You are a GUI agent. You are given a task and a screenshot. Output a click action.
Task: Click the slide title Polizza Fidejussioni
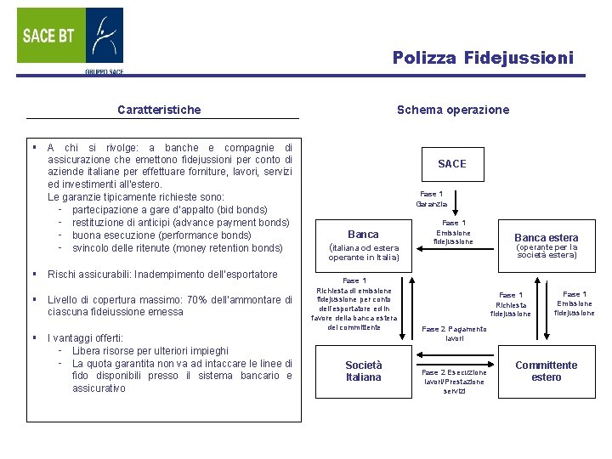pos(483,58)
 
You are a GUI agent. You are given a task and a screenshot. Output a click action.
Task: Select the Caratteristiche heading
pos(159,110)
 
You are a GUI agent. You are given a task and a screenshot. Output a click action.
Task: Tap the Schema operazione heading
pos(453,110)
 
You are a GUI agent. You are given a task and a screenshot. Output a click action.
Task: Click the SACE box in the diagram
pos(451,163)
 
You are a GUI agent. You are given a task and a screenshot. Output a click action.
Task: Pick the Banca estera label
pos(546,238)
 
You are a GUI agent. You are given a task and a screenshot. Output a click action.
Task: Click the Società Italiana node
pos(363,371)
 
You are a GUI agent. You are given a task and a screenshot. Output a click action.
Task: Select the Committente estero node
pos(546,371)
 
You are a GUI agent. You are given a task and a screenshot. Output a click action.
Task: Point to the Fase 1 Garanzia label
pos(431,199)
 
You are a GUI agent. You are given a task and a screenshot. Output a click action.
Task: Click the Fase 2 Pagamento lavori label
pos(454,333)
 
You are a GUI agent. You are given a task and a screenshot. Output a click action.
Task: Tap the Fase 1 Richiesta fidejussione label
pos(511,304)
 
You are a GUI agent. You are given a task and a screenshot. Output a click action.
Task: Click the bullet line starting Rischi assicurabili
pos(162,275)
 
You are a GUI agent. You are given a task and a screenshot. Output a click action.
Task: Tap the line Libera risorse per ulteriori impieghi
pos(150,350)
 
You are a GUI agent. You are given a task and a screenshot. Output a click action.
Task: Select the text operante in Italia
pos(363,258)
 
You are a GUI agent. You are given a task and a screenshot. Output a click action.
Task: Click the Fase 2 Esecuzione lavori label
pos(454,381)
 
